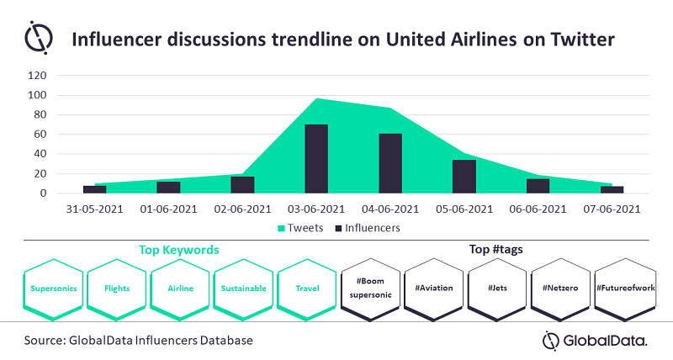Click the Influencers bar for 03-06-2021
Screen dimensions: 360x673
click(316, 159)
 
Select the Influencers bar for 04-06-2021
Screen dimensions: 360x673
click(390, 163)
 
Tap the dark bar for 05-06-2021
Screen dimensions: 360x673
click(464, 177)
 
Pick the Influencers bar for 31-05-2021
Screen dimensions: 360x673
click(95, 189)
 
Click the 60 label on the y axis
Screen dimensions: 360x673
click(39, 135)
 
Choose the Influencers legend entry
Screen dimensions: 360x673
click(368, 226)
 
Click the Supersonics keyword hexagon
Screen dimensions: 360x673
click(53, 288)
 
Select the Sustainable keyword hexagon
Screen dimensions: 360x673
click(243, 288)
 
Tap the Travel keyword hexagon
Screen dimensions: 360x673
click(306, 288)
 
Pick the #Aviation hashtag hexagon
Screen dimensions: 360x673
click(434, 288)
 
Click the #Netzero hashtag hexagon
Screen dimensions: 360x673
click(560, 288)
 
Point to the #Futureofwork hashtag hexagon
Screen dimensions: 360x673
click(624, 288)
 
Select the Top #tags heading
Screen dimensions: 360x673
click(495, 250)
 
